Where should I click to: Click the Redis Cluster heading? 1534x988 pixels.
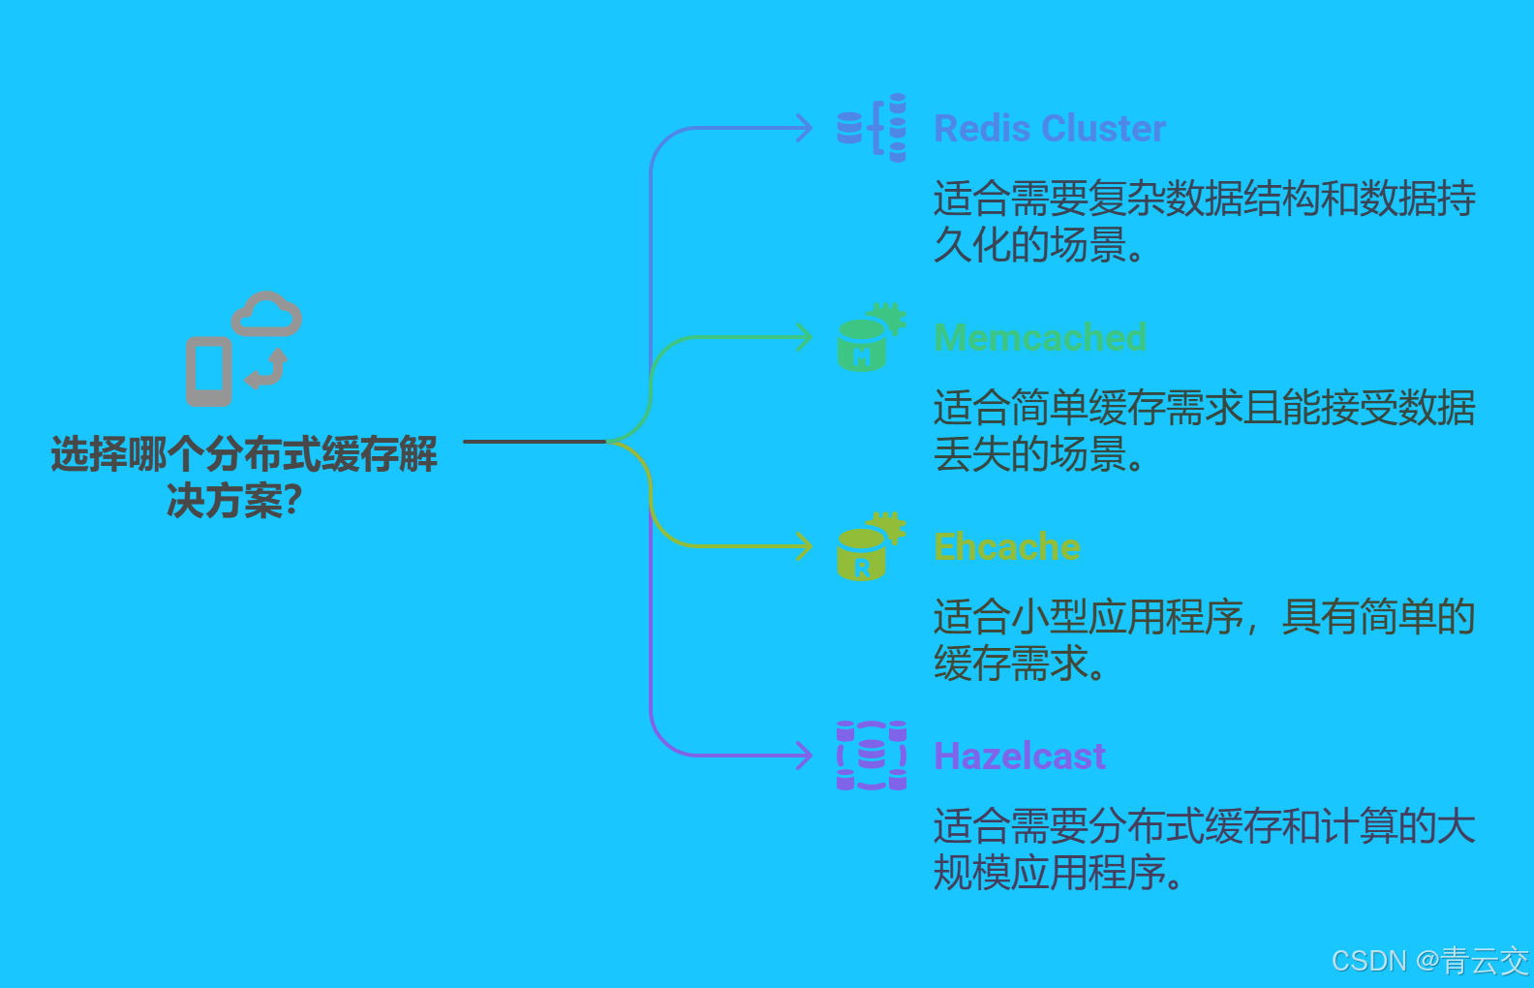point(1049,129)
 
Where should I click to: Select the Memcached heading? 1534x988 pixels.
point(1040,338)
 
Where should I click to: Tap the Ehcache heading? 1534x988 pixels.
point(1006,547)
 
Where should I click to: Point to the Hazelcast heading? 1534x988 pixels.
point(1019,756)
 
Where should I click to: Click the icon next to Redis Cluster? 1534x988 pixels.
point(872,128)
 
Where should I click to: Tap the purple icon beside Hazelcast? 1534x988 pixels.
point(872,756)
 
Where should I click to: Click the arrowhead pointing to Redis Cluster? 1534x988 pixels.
point(804,128)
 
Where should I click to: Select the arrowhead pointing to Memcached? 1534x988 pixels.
point(804,337)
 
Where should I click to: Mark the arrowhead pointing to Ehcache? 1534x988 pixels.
point(804,546)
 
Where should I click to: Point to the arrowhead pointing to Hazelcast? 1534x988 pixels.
point(804,756)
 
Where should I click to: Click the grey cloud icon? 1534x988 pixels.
point(266,315)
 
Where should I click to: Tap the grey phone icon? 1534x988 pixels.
point(209,371)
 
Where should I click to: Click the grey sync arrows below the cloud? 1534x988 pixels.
point(267,369)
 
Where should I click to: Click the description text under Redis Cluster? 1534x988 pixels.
point(1203,222)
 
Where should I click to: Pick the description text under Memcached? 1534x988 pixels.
point(1203,431)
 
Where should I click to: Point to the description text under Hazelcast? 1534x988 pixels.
point(1203,849)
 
